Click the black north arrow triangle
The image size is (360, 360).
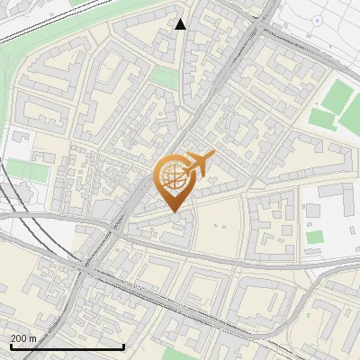[x=181, y=24]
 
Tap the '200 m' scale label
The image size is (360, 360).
[x=24, y=337]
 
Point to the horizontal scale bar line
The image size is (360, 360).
[x=67, y=346]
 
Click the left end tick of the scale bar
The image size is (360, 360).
[x=11, y=345]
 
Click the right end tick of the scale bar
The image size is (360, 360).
[x=123, y=345]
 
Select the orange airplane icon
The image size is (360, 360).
[x=200, y=162]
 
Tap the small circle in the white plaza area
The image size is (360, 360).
[x=317, y=20]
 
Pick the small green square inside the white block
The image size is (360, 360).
[x=314, y=238]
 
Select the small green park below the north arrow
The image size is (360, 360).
[x=163, y=78]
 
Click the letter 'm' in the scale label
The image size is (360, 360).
[x=33, y=337]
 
